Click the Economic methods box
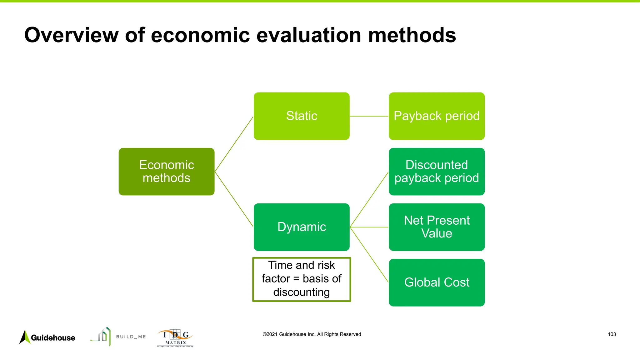[x=167, y=172]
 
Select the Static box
[x=302, y=116]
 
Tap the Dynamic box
[x=302, y=227]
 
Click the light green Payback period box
[x=437, y=116]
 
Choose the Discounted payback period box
[x=437, y=172]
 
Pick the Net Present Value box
[x=437, y=227]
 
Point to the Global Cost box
[x=437, y=282]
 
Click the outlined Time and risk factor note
[x=302, y=279]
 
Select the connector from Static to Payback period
[x=369, y=116]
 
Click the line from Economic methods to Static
[x=234, y=144]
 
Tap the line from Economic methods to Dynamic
[x=234, y=199]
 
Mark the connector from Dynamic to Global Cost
[x=369, y=255]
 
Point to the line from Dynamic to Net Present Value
[x=369, y=227]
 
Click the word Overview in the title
[x=71, y=35]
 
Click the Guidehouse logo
[x=47, y=337]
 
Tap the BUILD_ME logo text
[x=131, y=337]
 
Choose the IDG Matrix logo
[x=175, y=338]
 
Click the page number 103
[x=612, y=334]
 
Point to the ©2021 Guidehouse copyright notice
[x=312, y=334]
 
